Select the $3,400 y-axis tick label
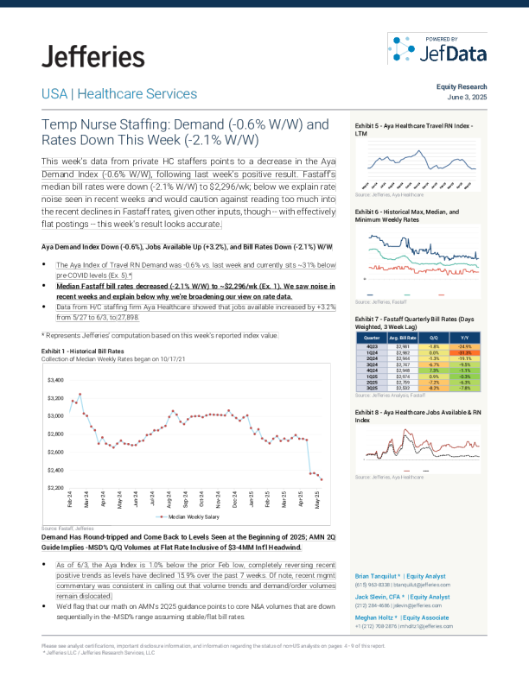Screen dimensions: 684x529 [55, 379]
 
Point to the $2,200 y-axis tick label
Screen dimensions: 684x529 [55, 488]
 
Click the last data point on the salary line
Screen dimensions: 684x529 [322, 478]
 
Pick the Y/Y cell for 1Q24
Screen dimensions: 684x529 [464, 353]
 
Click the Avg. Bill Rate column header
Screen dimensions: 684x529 [404, 339]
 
